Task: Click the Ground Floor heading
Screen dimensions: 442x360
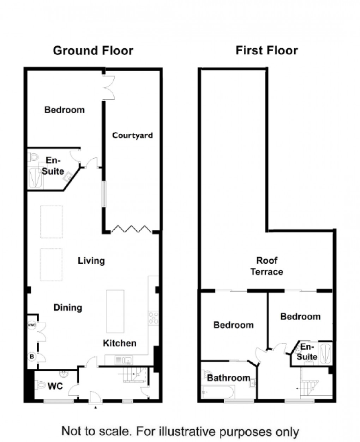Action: coord(93,50)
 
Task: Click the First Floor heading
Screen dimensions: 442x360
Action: coord(266,50)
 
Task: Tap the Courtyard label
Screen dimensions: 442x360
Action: coord(132,135)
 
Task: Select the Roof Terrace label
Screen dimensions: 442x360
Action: coord(266,266)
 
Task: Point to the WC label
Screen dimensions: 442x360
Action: coord(55,386)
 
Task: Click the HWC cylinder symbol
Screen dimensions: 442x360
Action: coord(32,325)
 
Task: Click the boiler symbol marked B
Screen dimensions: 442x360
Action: coord(32,357)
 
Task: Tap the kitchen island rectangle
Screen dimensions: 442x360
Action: coord(116,311)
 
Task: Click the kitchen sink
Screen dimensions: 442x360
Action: coord(124,360)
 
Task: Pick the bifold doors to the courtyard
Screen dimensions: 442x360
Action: coord(132,229)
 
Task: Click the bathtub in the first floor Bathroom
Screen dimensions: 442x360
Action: coord(218,391)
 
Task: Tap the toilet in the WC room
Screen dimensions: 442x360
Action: coord(40,385)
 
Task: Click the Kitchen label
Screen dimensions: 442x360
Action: coord(120,343)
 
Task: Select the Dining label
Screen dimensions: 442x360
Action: coord(68,308)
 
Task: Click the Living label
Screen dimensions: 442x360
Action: coord(91,261)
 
